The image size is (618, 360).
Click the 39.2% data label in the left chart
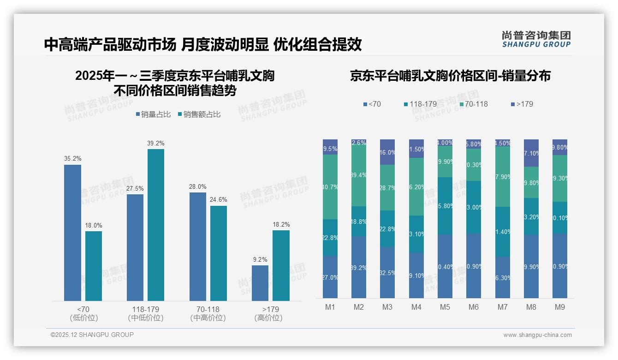tap(156, 143)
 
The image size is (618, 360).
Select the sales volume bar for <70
tap(72, 233)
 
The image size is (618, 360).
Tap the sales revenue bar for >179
tap(281, 265)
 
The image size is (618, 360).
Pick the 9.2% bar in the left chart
tap(260, 283)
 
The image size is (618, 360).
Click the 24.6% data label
tap(219, 199)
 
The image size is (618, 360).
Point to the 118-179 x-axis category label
tap(145, 309)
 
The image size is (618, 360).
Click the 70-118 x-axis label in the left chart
tap(208, 309)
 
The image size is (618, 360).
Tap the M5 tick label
tap(445, 307)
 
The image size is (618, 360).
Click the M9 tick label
tap(559, 307)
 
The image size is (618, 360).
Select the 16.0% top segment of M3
tap(387, 152)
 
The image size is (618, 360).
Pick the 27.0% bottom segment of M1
tap(330, 277)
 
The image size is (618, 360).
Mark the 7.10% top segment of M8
tap(531, 153)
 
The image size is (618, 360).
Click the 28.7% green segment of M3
tap(387, 187)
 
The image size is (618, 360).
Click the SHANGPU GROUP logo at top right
tap(536, 39)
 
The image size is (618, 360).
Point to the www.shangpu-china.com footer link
tap(537, 335)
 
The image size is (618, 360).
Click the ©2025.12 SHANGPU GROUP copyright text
tap(92, 335)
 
